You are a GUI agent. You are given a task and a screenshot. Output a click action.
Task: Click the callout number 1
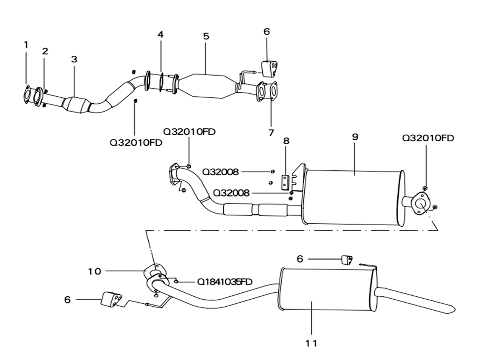point(26,45)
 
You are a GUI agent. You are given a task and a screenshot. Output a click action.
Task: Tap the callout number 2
point(45,51)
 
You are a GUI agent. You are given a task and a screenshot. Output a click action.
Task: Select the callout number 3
point(74,59)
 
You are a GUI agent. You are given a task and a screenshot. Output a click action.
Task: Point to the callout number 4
point(161,35)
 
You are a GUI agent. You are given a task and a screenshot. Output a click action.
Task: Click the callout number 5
point(206,36)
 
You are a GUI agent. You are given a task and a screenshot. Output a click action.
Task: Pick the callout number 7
point(271,133)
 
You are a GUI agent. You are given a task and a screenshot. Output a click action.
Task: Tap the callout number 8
point(286,140)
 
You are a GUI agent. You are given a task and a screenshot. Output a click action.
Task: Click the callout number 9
point(355,137)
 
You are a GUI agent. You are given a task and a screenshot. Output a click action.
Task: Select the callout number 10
point(94,271)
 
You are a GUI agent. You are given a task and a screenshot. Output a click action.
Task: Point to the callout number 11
point(311,343)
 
